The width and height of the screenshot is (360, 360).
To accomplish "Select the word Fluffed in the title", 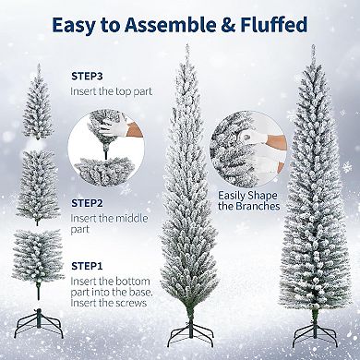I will pyautogui.click(x=276, y=25).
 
